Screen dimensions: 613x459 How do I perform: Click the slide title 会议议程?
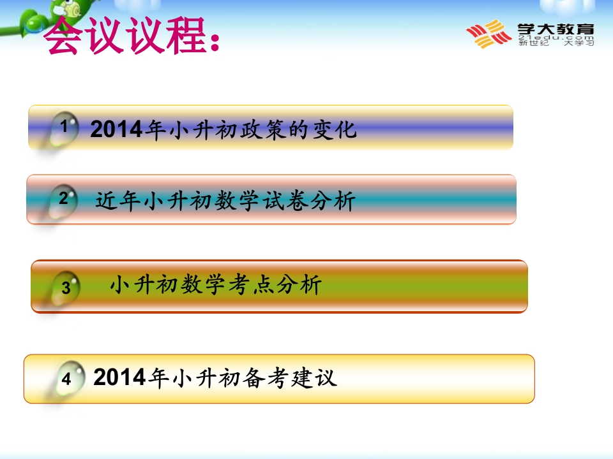(x=125, y=35)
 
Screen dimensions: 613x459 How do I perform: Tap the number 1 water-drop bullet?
(x=63, y=129)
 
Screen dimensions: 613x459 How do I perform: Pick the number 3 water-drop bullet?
(x=64, y=288)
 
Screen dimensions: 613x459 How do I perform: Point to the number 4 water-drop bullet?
(x=69, y=378)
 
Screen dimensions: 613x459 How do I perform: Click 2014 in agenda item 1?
(x=116, y=129)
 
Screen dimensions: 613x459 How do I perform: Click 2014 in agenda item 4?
(x=119, y=377)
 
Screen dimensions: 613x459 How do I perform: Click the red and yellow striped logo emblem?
(x=488, y=34)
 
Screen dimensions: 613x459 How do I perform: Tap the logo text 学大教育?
(x=556, y=29)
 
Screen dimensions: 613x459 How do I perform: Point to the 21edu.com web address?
(x=556, y=38)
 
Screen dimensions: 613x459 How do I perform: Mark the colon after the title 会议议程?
(x=215, y=41)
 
